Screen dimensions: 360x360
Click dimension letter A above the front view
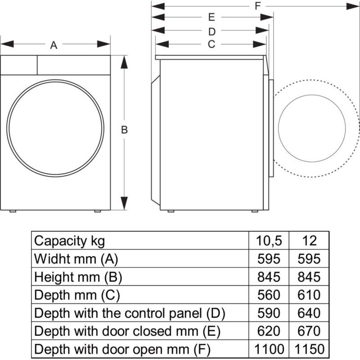point(54,45)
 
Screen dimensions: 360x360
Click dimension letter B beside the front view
point(125,130)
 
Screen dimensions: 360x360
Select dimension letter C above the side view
point(211,44)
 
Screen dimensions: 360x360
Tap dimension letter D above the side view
point(212,31)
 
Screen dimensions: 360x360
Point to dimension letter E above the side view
point(211,18)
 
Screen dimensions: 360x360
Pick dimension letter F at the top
point(258,6)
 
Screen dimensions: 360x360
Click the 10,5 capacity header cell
point(269,241)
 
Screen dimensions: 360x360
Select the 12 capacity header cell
point(309,241)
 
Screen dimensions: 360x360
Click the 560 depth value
point(269,295)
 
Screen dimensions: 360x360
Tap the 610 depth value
point(309,295)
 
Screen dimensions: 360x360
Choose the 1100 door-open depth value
point(269,349)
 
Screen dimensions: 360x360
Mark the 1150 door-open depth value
point(309,349)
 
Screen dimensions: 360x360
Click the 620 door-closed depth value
point(269,331)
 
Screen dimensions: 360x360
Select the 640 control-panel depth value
point(309,313)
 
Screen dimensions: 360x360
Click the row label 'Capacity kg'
point(69,241)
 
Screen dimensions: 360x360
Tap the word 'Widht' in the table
point(50,259)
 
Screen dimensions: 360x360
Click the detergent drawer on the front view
point(19,65)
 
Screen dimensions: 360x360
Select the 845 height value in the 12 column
point(309,277)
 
